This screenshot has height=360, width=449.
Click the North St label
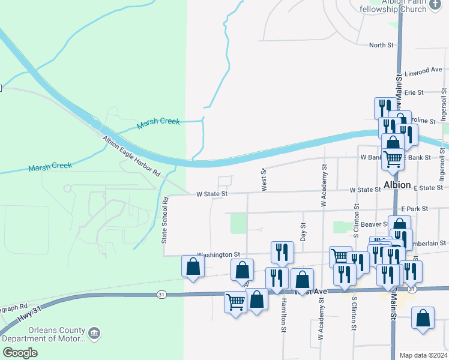point(381,45)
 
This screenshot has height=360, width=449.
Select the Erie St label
point(414,92)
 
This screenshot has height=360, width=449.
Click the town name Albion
point(397,184)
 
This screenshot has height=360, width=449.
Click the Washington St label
point(220,254)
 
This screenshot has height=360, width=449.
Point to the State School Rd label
point(165,219)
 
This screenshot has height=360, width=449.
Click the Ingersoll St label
point(444,105)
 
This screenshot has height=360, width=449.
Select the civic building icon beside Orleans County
point(94,332)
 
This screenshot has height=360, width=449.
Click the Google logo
point(20,353)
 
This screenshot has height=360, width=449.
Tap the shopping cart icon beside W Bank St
point(393,159)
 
